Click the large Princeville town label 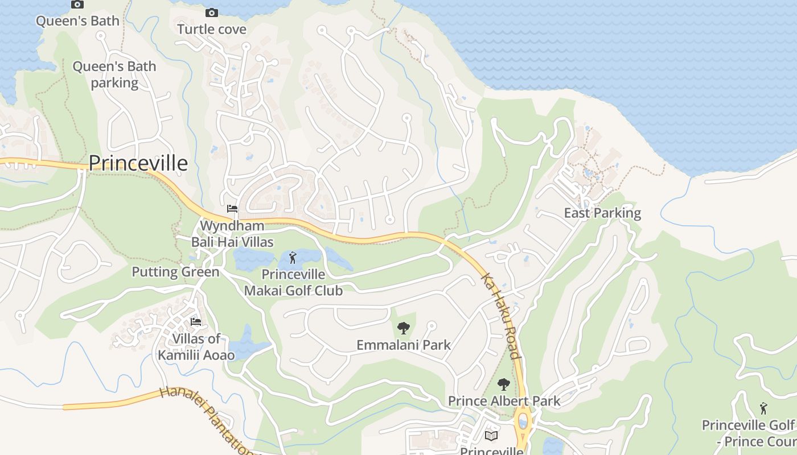coord(138,163)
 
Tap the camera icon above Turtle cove coord(211,13)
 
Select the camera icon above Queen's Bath coord(77,5)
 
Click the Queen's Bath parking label coord(114,75)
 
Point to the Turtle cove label coord(212,29)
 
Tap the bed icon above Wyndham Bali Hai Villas coord(232,209)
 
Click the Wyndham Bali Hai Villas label coord(232,234)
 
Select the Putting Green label coord(175,272)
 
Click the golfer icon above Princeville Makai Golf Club coord(293,258)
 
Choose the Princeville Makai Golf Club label coord(293,283)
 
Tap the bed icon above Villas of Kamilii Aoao coord(196,322)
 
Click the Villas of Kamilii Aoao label coord(196,347)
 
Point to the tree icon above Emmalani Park coord(403,328)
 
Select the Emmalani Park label coord(403,345)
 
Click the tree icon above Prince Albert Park coord(503,384)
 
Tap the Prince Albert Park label coord(504,401)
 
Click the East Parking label coord(602,213)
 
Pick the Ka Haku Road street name coord(501,316)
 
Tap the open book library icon coord(491,436)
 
